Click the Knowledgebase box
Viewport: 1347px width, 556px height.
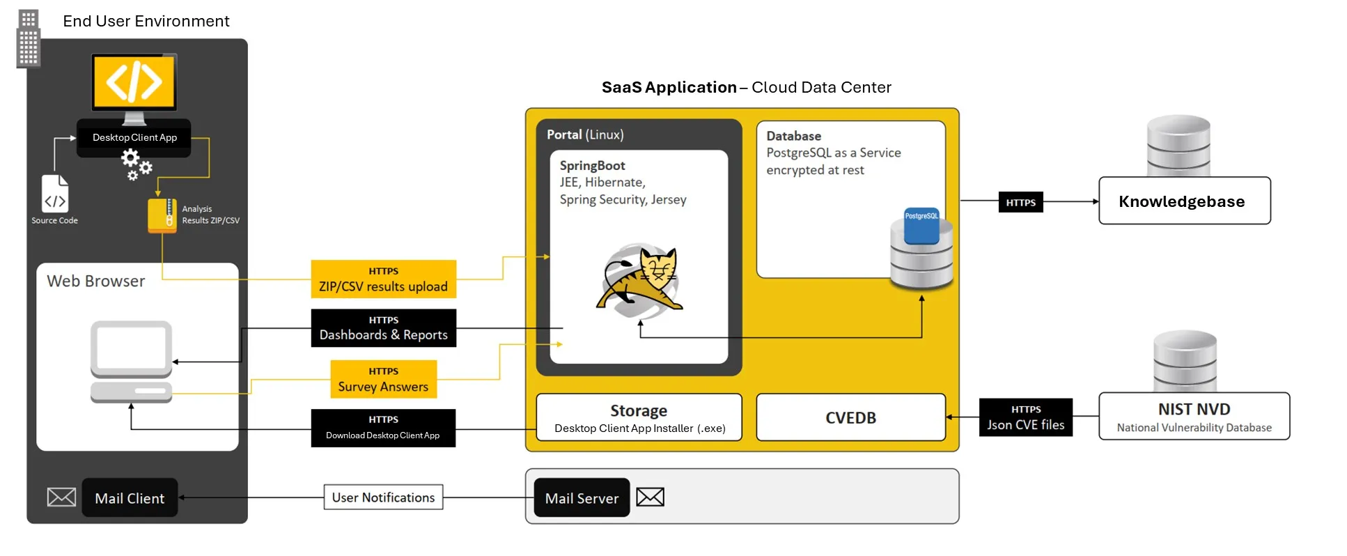pos(1184,201)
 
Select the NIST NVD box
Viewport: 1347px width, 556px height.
pos(1194,416)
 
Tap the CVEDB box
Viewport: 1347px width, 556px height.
pos(850,417)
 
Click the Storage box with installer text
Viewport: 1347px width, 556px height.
pos(639,417)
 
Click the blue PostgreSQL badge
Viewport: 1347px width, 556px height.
pos(921,225)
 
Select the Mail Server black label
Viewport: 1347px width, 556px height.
pos(582,497)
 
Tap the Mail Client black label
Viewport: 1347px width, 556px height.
pos(130,497)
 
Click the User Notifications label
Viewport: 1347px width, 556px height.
pos(383,497)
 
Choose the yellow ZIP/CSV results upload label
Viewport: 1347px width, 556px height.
pos(383,279)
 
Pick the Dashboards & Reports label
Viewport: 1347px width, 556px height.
pos(383,328)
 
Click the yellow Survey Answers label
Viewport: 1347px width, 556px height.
pos(383,379)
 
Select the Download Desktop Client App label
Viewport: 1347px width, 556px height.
pos(383,428)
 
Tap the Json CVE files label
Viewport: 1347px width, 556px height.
pos(1025,417)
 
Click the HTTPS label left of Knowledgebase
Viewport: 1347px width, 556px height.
pos(1020,202)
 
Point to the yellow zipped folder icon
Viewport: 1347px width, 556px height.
pos(162,215)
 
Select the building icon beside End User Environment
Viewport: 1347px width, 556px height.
pos(29,38)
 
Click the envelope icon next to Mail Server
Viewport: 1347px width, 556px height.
pos(650,497)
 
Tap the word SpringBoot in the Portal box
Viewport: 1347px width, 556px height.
pos(592,166)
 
